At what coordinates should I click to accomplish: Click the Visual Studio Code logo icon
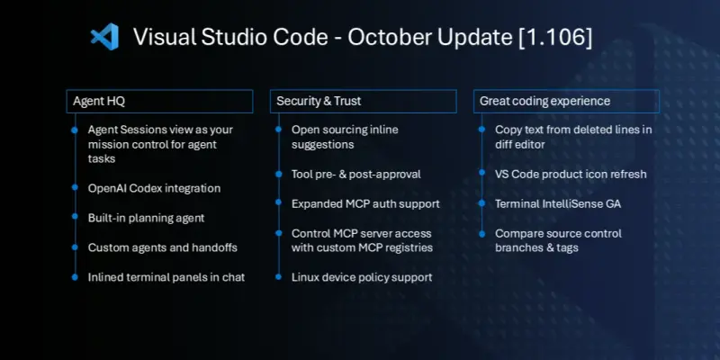coord(104,37)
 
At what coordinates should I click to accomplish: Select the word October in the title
coord(384,37)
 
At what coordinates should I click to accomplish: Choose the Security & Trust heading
coord(319,102)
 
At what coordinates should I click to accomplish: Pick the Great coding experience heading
coord(544,102)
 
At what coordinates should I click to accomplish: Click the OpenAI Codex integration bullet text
coord(154,188)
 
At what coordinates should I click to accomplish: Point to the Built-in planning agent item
coord(147,218)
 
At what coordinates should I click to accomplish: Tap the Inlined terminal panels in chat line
coord(166,277)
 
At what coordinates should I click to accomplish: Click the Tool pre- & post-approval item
coord(355,174)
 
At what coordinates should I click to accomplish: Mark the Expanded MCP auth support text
coord(364,203)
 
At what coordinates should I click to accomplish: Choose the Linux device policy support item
coord(362,277)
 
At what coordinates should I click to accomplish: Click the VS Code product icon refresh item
coord(571,174)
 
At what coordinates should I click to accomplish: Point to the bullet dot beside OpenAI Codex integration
coord(74,188)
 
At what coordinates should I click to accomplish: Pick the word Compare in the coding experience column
coord(519,233)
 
